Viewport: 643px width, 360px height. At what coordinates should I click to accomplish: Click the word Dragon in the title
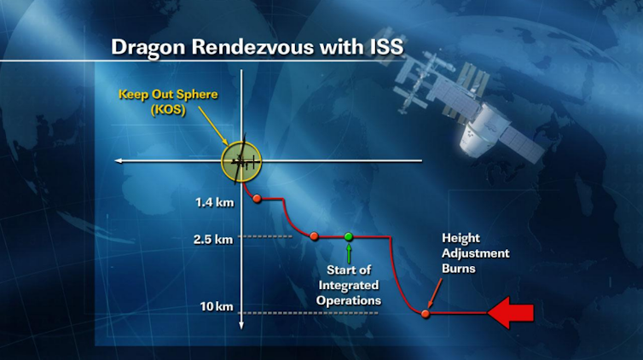coord(148,48)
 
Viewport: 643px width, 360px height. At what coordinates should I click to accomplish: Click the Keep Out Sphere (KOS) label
coord(168,102)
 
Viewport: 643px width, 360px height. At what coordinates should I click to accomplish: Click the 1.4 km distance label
coord(214,202)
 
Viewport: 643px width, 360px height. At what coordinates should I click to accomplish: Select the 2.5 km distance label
coord(213,239)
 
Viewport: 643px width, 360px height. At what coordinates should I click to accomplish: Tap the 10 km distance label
coord(217,306)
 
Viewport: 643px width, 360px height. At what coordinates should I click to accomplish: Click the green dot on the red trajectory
coord(349,236)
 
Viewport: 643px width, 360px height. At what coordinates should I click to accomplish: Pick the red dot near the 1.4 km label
coord(258,199)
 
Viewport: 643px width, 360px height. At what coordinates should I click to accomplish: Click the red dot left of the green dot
coord(314,236)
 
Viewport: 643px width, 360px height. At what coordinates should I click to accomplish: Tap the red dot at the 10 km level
coord(426,314)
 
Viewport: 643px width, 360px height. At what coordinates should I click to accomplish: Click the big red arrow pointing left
coord(511,313)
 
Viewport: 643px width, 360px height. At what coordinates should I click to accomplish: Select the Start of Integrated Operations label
coord(349,285)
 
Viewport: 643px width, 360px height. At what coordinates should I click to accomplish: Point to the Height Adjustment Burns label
coord(475,253)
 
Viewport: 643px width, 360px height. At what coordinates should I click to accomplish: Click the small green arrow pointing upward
coord(349,253)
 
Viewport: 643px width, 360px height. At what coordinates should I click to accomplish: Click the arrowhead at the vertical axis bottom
coord(241,325)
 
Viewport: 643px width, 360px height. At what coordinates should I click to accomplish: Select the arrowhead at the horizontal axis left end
coord(119,160)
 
